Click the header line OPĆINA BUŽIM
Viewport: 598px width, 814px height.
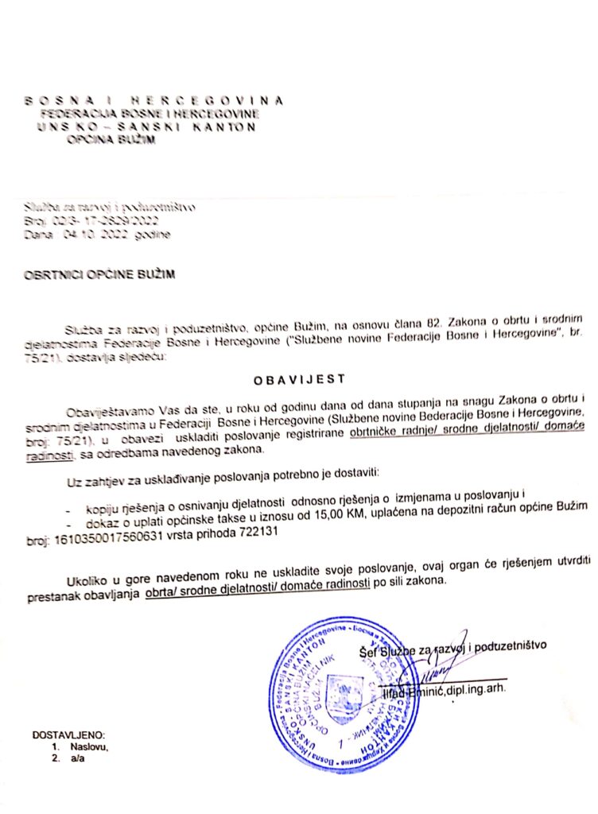point(111,140)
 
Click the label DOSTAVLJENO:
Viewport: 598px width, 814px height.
point(68,735)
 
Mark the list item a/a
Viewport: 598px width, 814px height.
point(77,759)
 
